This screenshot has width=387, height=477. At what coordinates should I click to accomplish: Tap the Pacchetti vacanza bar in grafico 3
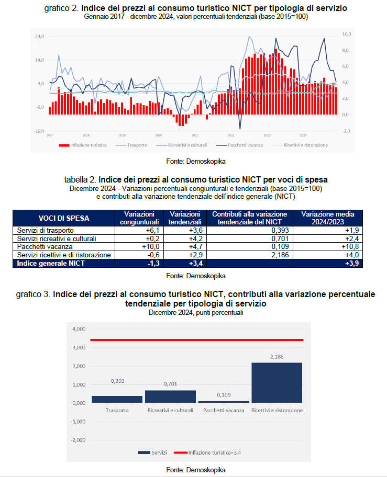pos(223,402)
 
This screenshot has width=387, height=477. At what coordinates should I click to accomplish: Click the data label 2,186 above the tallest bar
pos(277,356)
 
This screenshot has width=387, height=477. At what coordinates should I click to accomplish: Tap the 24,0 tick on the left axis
pos(40,36)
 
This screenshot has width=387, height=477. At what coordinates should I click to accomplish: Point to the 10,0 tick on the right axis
pos(346,33)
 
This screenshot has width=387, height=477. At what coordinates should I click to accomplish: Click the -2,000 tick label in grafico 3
pos(78,440)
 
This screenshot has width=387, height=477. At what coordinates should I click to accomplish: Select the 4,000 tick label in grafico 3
pos(78,329)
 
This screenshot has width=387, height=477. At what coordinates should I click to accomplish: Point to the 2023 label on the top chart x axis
pos(267,135)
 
